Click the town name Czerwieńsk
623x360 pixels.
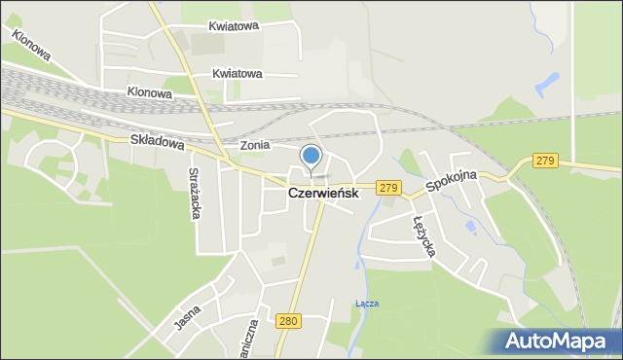(x=323, y=194)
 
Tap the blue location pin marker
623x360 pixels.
(x=311, y=156)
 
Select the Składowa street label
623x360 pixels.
(x=157, y=141)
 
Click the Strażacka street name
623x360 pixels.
(x=193, y=194)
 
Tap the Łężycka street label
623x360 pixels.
(x=424, y=236)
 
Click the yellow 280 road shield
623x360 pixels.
(x=287, y=320)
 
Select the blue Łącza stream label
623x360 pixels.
(x=367, y=304)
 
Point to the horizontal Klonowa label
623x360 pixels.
(x=149, y=93)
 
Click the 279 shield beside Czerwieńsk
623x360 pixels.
(x=388, y=188)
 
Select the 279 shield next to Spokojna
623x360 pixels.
(x=545, y=161)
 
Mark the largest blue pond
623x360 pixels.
(x=547, y=85)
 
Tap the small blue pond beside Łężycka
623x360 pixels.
(x=471, y=228)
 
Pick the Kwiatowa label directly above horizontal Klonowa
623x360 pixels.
(x=238, y=73)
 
